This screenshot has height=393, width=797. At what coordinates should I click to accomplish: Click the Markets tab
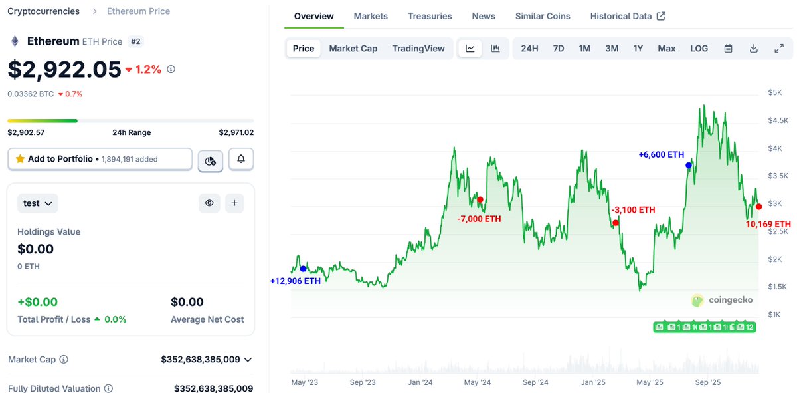pyautogui.click(x=371, y=16)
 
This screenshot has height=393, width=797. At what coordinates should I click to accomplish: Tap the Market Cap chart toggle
pyautogui.click(x=353, y=49)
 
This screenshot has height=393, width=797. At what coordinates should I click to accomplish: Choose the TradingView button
pyautogui.click(x=418, y=49)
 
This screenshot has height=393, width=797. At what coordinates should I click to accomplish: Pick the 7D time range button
pyautogui.click(x=559, y=49)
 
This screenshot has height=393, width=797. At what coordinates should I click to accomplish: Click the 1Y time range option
pyautogui.click(x=638, y=49)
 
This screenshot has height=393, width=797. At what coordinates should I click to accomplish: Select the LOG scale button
pyautogui.click(x=699, y=49)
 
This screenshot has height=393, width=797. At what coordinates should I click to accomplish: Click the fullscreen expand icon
pyautogui.click(x=779, y=49)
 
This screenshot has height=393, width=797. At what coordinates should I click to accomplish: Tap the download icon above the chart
pyautogui.click(x=753, y=49)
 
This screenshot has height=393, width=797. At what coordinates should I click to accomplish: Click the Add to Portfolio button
pyautogui.click(x=100, y=159)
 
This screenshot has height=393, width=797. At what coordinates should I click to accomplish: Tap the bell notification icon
pyautogui.click(x=241, y=159)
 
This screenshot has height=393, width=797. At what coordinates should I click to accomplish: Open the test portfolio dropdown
pyautogui.click(x=38, y=203)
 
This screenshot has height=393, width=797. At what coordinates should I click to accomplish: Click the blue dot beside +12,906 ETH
pyautogui.click(x=304, y=269)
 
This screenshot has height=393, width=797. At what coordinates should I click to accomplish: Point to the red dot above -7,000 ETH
pyautogui.click(x=480, y=199)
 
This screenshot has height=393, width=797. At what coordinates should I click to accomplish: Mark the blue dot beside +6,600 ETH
pyautogui.click(x=689, y=165)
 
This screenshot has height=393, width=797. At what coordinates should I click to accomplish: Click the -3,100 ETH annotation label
pyautogui.click(x=633, y=210)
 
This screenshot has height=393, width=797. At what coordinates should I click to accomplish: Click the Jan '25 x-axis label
pyautogui.click(x=592, y=382)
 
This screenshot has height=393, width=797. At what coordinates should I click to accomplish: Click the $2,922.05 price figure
pyautogui.click(x=64, y=69)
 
